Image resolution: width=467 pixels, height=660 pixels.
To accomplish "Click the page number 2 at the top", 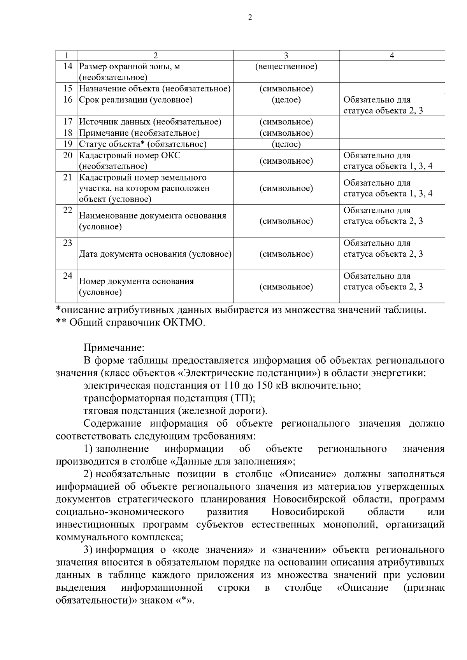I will point(250,18).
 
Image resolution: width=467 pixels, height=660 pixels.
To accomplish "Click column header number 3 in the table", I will point(286,56).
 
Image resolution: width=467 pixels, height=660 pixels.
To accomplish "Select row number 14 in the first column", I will point(68,67).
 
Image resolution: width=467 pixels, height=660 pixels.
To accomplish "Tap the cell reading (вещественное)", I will point(286,67).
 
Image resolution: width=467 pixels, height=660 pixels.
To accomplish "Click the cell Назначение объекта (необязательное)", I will point(155,89).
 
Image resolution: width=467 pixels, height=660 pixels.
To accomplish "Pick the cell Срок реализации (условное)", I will point(136,100).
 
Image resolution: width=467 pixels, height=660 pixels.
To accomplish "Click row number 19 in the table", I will point(68,144).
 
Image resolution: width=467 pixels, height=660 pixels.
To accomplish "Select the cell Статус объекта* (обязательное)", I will point(142,144).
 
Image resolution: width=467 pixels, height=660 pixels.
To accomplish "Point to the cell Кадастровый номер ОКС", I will point(130,156).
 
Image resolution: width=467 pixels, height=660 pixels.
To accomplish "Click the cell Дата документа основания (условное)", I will point(155,254).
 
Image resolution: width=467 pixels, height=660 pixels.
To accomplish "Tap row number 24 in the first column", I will point(68,276).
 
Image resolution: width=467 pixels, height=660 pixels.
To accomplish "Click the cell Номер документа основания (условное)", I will point(136,287).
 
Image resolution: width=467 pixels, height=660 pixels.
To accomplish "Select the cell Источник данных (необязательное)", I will point(150,122).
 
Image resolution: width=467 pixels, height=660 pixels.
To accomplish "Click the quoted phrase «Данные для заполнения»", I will point(232,462).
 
